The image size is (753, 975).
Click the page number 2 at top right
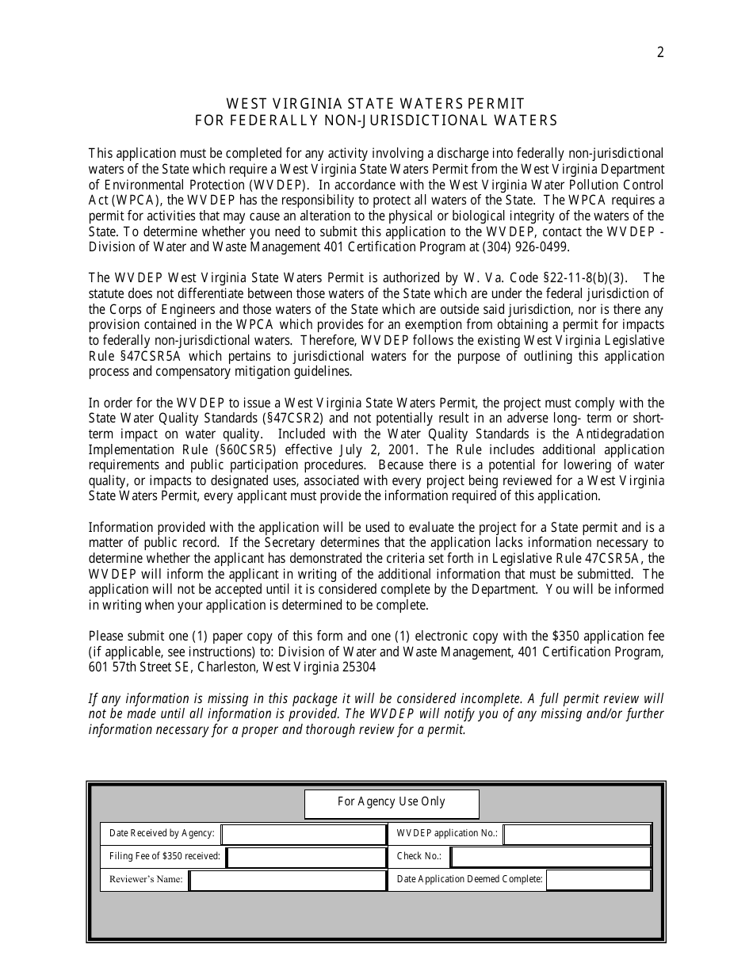tap(660, 53)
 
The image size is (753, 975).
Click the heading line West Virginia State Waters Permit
tap(376, 104)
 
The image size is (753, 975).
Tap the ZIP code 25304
tap(357, 667)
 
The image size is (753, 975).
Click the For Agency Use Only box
tap(392, 802)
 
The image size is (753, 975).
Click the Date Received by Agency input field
tap(304, 834)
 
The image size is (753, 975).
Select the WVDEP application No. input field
tap(577, 834)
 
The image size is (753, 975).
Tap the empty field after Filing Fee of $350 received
tap(306, 857)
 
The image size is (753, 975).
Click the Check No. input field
tap(550, 857)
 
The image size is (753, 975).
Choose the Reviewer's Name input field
tap(288, 880)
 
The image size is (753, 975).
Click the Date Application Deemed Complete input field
tap(598, 880)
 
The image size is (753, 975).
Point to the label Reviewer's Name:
tap(146, 880)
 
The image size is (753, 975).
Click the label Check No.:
tap(419, 857)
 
